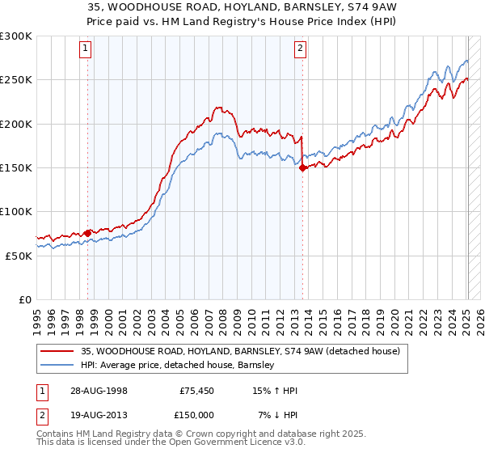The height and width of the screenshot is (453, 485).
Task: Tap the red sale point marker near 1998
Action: [x=87, y=233]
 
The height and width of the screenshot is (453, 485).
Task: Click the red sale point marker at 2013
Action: [x=302, y=168]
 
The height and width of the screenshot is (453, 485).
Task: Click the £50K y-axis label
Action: [x=19, y=256]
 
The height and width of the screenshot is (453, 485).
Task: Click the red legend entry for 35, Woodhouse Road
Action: [x=240, y=351]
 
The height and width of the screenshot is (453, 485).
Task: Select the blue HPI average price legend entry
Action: [x=178, y=366]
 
